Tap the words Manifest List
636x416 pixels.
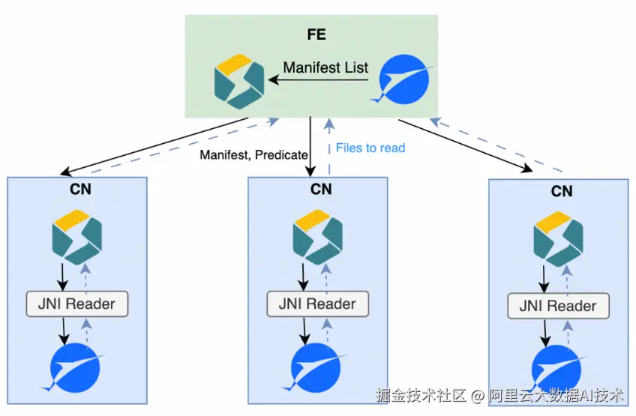click(x=325, y=67)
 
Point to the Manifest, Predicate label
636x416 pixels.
click(x=253, y=155)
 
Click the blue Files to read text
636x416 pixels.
click(x=370, y=148)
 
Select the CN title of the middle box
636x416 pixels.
click(x=321, y=189)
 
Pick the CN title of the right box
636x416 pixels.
click(x=562, y=191)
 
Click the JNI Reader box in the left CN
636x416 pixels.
click(x=77, y=304)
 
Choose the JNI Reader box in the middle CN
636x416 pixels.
click(x=318, y=304)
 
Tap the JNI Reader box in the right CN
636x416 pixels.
click(x=559, y=306)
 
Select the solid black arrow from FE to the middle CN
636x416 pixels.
click(x=310, y=146)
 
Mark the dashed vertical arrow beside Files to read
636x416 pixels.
click(x=327, y=146)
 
